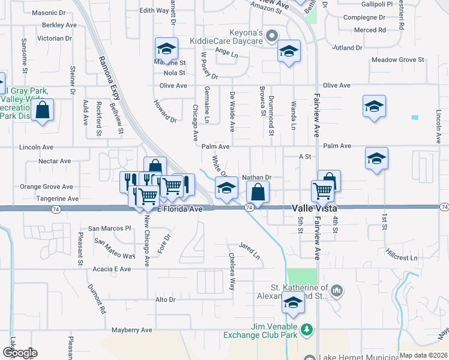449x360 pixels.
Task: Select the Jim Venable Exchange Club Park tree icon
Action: pos(307,329)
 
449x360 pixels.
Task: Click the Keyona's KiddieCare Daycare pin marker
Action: pos(272,35)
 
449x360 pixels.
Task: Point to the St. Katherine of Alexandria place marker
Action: pos(337,292)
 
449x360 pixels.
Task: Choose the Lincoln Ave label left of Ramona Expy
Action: pos(37,147)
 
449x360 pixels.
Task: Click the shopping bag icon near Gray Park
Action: pos(42,110)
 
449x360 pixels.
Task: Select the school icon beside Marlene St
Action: pos(167,48)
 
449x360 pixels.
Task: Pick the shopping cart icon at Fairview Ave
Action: pos(323,190)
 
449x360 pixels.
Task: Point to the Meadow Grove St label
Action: pos(397,60)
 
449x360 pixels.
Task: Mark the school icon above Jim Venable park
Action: pos(292,304)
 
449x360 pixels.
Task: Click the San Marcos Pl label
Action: pos(109,229)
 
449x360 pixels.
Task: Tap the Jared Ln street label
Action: pos(250,251)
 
